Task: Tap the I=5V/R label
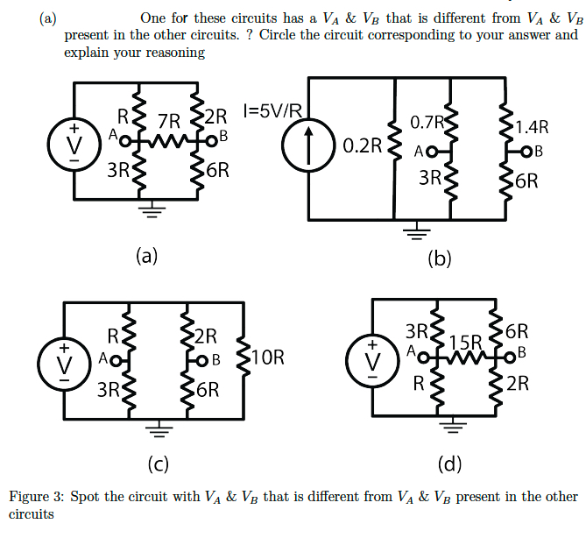[275, 111]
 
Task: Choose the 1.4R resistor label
[533, 128]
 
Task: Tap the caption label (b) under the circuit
[439, 258]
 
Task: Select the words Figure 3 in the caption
[35, 497]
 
